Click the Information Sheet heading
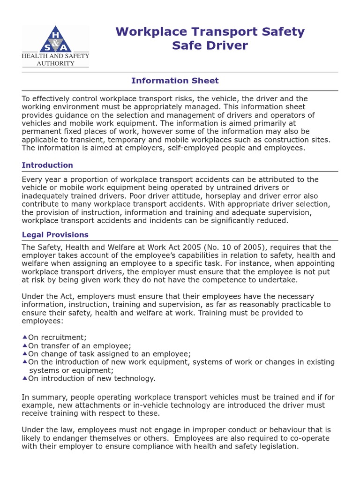pyautogui.click(x=175, y=81)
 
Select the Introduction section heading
pyautogui.click(x=47, y=165)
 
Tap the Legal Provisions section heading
pyautogui.click(x=55, y=235)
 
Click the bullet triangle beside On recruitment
pyautogui.click(x=24, y=337)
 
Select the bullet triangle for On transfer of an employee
pyautogui.click(x=24, y=345)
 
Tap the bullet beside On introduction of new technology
pyautogui.click(x=24, y=378)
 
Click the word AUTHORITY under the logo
pyautogui.click(x=55, y=63)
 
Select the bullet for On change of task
pyautogui.click(x=24, y=353)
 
